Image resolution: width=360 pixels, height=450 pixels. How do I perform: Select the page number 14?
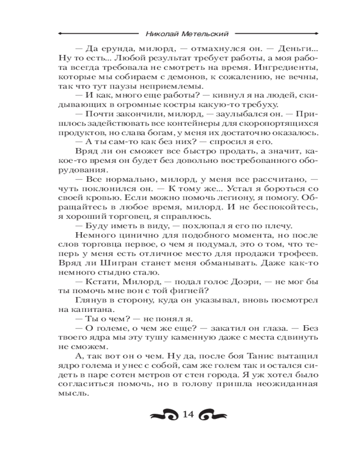[187, 414]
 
